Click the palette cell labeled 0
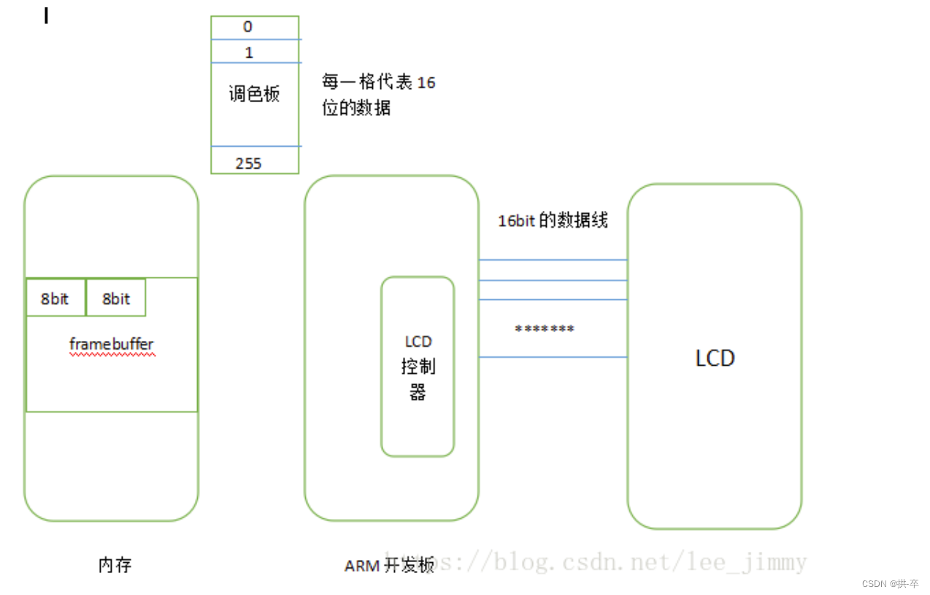tap(248, 27)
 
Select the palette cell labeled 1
tap(249, 52)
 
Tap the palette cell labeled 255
tap(248, 163)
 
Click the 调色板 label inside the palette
tap(254, 94)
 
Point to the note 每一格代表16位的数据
tap(378, 95)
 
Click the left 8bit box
tap(55, 298)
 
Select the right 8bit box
tap(116, 298)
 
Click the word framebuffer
tap(112, 343)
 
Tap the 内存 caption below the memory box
tap(115, 565)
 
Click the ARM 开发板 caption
tap(388, 565)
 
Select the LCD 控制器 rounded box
tap(418, 366)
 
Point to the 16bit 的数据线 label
tap(553, 220)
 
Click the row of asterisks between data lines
tap(545, 329)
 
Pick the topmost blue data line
tap(553, 260)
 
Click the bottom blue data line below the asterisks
tap(553, 357)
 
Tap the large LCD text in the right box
tap(715, 358)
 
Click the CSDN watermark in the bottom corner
tap(890, 584)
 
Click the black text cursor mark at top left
tap(46, 15)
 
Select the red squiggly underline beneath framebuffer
tap(112, 354)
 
